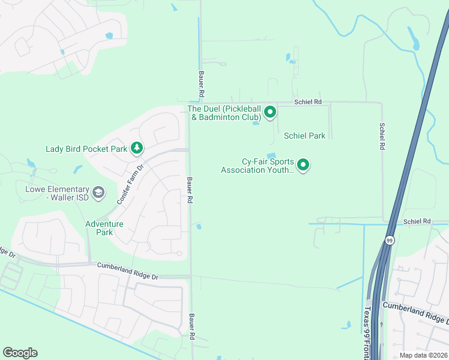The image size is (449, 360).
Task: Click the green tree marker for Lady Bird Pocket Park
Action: [x=137, y=148]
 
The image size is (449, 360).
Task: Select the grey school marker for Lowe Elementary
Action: [x=98, y=193]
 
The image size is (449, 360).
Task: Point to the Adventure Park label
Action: [x=104, y=228]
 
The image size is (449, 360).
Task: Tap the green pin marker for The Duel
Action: [x=270, y=111]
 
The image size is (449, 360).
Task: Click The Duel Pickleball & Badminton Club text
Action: [x=224, y=113]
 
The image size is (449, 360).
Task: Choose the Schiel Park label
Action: [x=305, y=136]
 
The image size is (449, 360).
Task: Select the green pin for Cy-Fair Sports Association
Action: [x=303, y=164]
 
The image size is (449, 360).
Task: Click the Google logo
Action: [x=20, y=353]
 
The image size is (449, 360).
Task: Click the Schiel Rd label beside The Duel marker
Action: [x=308, y=102]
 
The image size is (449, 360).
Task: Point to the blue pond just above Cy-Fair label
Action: [x=271, y=155]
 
